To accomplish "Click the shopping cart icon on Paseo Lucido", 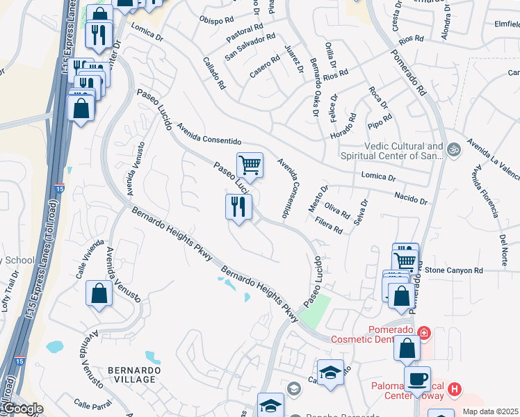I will (x=250, y=165).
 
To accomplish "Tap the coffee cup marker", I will (x=417, y=379).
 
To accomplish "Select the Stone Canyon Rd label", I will (x=453, y=270).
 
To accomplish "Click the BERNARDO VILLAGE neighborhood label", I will (x=135, y=375).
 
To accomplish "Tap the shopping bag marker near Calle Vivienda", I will (x=99, y=293).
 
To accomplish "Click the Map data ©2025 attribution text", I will (x=490, y=411).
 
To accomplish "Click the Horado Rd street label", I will (x=342, y=125).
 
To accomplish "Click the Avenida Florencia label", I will (x=484, y=191).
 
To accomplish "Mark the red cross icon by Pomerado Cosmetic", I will (x=425, y=333).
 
